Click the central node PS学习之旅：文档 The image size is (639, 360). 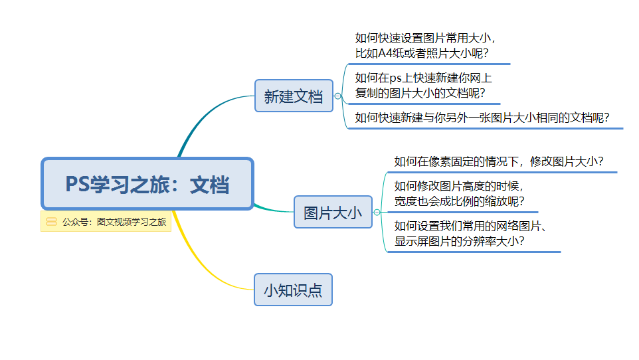point(147,183)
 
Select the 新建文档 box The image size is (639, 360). point(294,96)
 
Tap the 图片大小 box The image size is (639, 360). point(333,212)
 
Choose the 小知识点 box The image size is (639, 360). point(293,290)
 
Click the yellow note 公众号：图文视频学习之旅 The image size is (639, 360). point(106,221)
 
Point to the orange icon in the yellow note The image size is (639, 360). point(51,221)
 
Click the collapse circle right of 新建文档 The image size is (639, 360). point(337,96)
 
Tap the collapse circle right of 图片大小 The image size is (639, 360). point(377,212)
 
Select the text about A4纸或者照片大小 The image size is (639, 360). point(425,45)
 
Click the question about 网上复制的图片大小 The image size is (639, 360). point(423,85)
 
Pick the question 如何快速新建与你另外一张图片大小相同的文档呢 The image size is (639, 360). point(482,118)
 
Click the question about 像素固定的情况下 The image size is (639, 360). point(498,161)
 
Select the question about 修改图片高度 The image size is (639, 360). point(459,194)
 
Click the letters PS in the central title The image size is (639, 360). point(78,184)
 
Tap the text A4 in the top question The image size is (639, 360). point(385,53)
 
